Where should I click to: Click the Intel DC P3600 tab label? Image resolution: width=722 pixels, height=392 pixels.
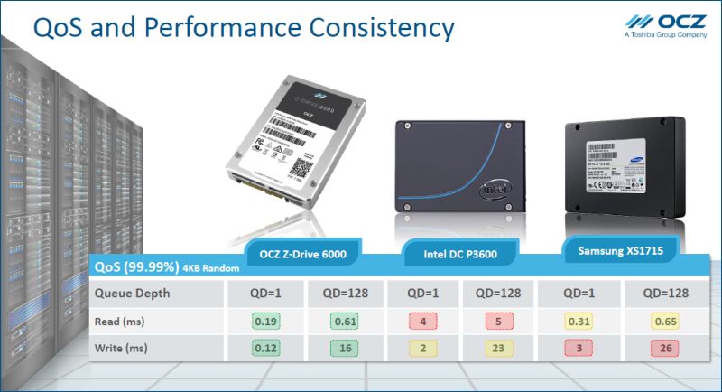point(460,254)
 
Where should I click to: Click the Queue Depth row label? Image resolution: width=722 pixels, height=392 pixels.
point(133,293)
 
